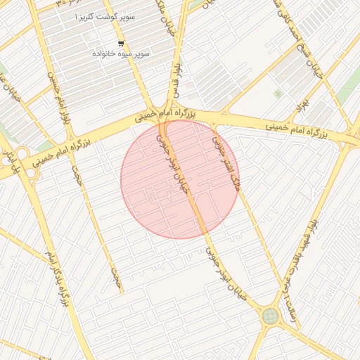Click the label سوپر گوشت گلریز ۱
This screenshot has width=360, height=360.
(106, 15)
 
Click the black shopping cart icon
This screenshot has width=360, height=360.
(101, 44)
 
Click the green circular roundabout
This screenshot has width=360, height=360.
(269, 316)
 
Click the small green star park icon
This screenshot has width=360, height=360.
(278, 93)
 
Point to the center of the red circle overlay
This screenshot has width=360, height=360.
(180, 179)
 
